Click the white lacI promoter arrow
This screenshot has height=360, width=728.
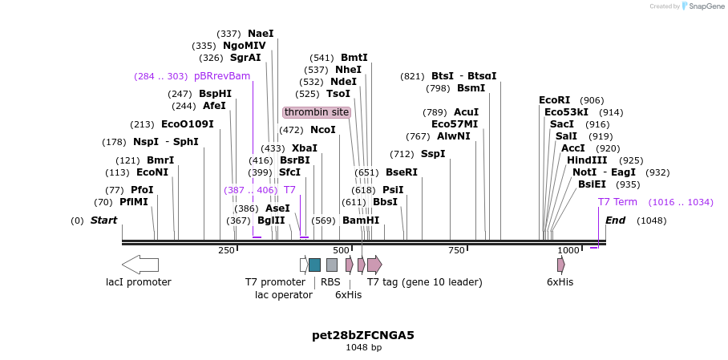click(140, 265)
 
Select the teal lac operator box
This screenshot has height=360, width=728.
click(314, 265)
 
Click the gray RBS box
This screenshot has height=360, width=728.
click(332, 265)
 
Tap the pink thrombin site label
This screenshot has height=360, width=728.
click(317, 112)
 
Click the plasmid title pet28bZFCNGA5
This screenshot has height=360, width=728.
click(363, 335)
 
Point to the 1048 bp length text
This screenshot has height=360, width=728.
click(363, 348)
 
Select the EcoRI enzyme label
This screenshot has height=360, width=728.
click(554, 100)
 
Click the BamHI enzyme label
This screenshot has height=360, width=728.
click(361, 220)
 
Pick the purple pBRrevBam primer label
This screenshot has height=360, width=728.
click(222, 76)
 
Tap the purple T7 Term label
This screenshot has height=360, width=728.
click(617, 202)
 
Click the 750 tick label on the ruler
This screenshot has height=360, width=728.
click(456, 251)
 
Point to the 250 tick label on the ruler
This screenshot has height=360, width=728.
click(226, 251)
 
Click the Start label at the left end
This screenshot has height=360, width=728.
click(103, 220)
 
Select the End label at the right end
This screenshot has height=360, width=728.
click(615, 220)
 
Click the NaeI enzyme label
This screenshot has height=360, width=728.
click(261, 34)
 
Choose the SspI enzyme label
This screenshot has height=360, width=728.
click(433, 154)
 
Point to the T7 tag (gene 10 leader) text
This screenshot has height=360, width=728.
click(424, 282)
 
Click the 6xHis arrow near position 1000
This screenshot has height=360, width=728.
click(560, 265)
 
